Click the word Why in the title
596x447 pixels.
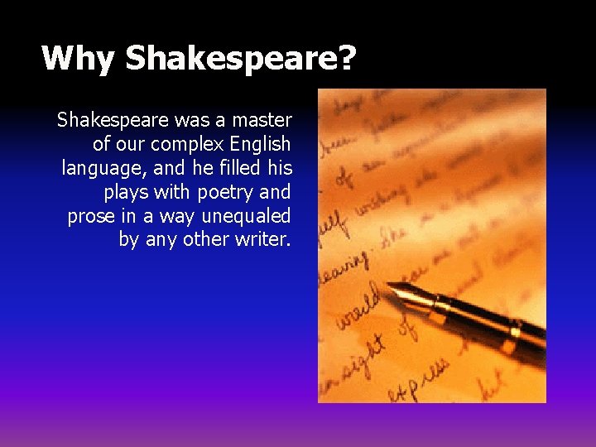pyautogui.click(x=79, y=58)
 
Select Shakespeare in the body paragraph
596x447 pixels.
pyautogui.click(x=113, y=121)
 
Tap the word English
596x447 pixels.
pyautogui.click(x=264, y=145)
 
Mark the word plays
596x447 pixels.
pyautogui.click(x=127, y=193)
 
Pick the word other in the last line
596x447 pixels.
pyautogui.click(x=204, y=241)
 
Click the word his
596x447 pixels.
pyautogui.click(x=278, y=169)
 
